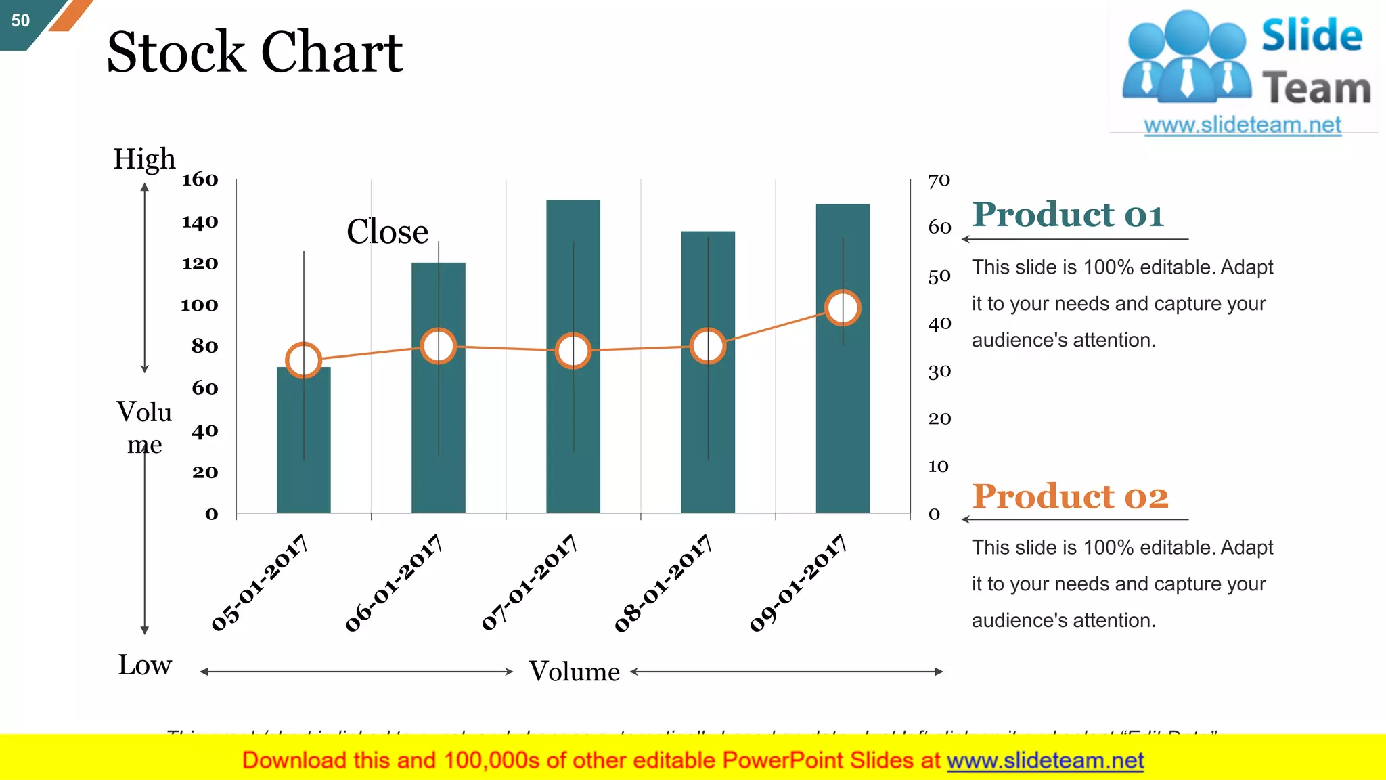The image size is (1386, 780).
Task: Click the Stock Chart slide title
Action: pos(254,52)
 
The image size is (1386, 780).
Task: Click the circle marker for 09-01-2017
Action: pos(843,308)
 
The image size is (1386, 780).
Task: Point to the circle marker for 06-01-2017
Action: pos(438,346)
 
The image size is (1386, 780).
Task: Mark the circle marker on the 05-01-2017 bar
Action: pos(303,360)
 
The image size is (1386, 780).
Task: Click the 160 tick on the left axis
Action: pos(200,179)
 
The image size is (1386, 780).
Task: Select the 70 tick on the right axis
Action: pos(939,181)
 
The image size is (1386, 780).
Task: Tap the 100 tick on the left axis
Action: pos(200,305)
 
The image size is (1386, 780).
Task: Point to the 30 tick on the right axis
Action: pos(939,372)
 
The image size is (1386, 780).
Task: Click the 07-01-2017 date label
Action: pos(529,582)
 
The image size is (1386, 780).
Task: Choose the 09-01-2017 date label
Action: pos(799,582)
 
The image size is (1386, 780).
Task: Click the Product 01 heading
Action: pos(1068,215)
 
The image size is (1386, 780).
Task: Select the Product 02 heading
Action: pos(1070,496)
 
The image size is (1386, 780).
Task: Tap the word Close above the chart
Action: pos(387,232)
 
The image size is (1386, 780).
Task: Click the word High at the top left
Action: pos(144,159)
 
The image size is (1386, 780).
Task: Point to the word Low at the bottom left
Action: pos(145,665)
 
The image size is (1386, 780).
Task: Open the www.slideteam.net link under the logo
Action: pos(1243,125)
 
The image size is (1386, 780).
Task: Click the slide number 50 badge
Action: pos(21,20)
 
